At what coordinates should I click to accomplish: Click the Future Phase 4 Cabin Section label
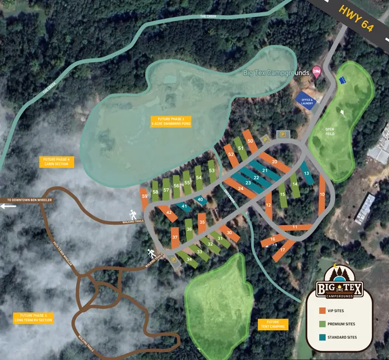[56, 162]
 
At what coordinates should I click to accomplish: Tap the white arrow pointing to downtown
[9, 206]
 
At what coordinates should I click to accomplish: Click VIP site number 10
[322, 196]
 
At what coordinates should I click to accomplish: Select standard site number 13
[307, 173]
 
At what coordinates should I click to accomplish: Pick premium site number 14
[294, 184]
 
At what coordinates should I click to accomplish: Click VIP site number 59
[144, 197]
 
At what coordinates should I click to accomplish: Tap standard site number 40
[200, 200]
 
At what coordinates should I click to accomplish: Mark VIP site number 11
[295, 227]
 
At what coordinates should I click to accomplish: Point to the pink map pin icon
[316, 71]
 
